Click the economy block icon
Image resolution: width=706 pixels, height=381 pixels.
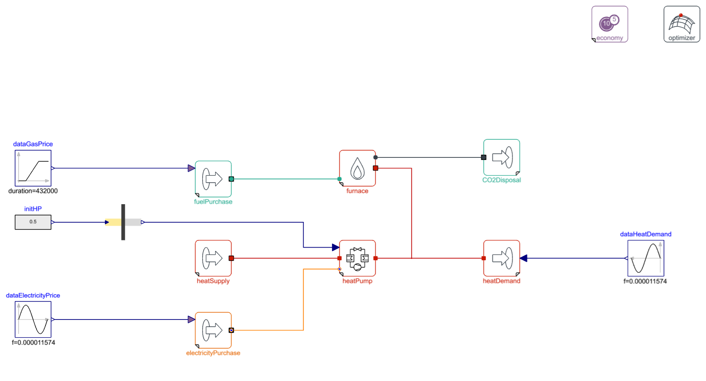(610, 24)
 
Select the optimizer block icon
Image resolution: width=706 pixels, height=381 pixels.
(682, 24)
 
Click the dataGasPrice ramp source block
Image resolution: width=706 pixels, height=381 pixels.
(33, 168)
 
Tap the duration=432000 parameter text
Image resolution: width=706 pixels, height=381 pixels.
(33, 191)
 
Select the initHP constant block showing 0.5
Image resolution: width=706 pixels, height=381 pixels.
(33, 222)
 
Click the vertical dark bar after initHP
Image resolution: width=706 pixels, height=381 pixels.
(123, 222)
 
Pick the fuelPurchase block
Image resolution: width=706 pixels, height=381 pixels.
(213, 179)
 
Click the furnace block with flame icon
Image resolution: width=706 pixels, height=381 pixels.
(357, 168)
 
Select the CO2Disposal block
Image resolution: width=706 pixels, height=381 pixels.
(501, 157)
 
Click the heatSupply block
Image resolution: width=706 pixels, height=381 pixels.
(213, 258)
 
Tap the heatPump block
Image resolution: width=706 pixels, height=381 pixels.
(357, 258)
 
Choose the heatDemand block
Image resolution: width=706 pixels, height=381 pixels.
(501, 258)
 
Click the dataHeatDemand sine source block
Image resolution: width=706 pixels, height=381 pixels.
(645, 258)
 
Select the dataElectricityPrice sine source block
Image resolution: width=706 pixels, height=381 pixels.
(33, 320)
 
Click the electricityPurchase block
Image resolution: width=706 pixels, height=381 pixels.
(213, 330)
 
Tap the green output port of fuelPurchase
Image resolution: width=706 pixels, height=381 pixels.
(231, 179)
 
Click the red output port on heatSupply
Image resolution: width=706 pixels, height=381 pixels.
(231, 258)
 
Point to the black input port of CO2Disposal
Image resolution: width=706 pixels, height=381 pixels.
(484, 157)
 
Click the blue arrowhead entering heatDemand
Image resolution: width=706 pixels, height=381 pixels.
(523, 258)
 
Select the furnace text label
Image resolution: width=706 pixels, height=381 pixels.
(357, 191)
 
